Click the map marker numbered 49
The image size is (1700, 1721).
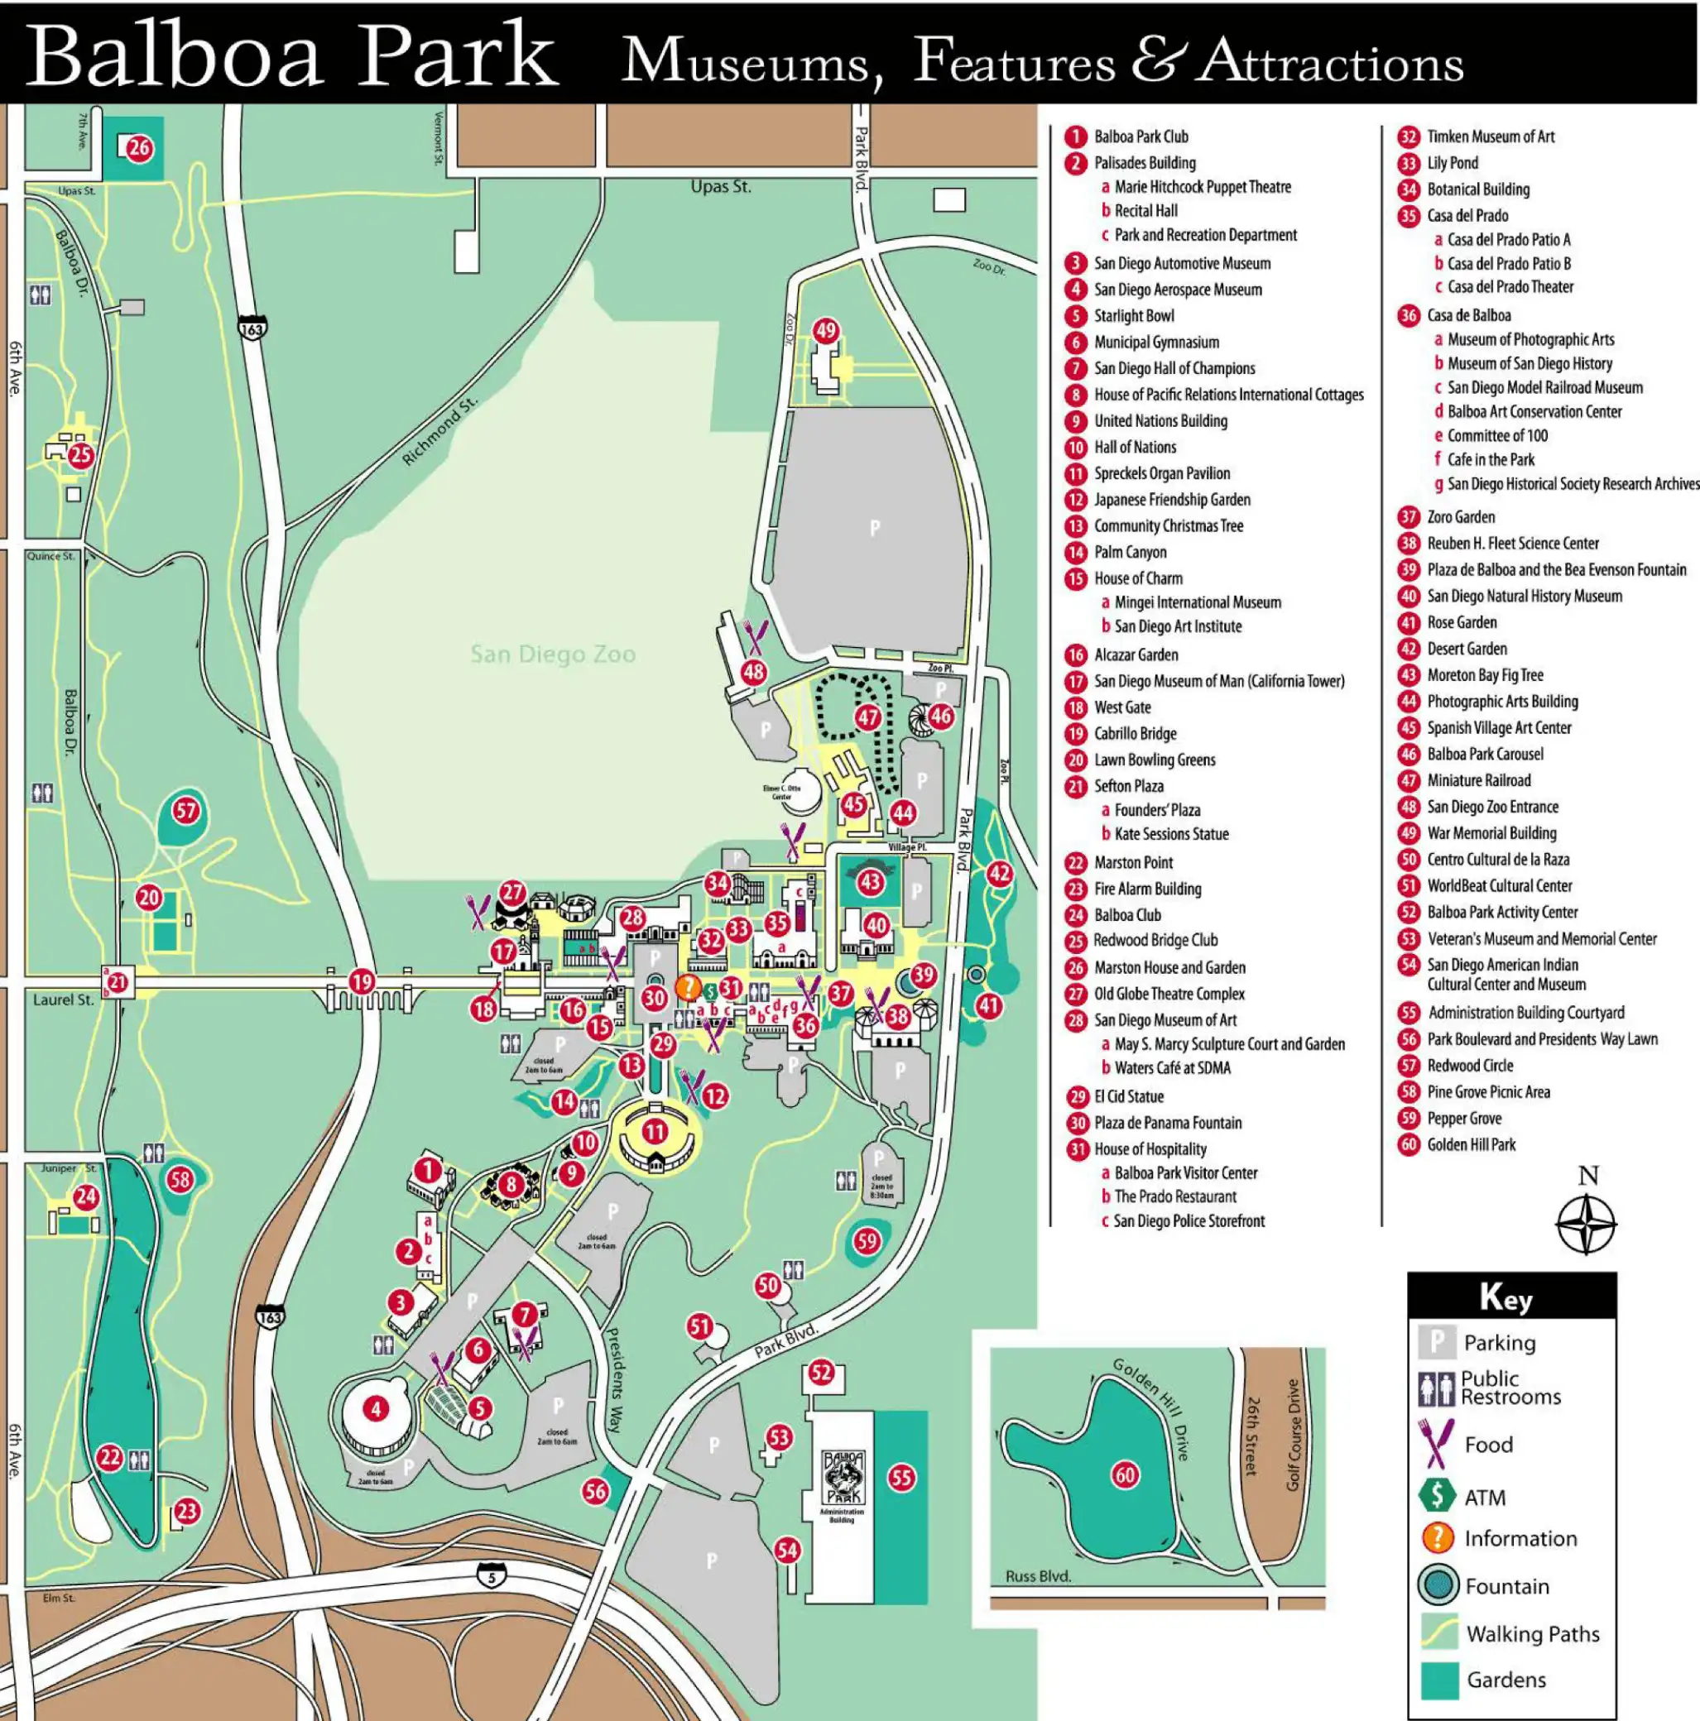(x=826, y=330)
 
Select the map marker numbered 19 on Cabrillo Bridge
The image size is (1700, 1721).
(x=361, y=981)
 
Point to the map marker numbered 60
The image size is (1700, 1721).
(x=1126, y=1475)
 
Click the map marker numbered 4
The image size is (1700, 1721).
(x=376, y=1408)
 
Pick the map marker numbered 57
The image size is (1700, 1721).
(x=185, y=811)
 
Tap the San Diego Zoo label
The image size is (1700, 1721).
(x=552, y=654)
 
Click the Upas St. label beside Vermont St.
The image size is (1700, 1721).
(x=721, y=187)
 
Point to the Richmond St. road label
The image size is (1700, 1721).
(x=440, y=431)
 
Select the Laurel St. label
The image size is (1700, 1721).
(x=63, y=1000)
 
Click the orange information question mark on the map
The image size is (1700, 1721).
(x=688, y=987)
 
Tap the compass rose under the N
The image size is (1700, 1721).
(x=1586, y=1225)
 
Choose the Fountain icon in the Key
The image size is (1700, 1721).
(x=1437, y=1585)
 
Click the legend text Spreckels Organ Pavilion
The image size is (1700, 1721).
(x=1162, y=474)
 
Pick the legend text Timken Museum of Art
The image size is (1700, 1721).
(x=1491, y=137)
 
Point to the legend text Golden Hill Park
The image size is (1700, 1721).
(x=1471, y=1144)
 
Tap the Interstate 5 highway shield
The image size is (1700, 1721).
(x=491, y=1576)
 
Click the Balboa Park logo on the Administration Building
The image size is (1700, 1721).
(x=842, y=1477)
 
